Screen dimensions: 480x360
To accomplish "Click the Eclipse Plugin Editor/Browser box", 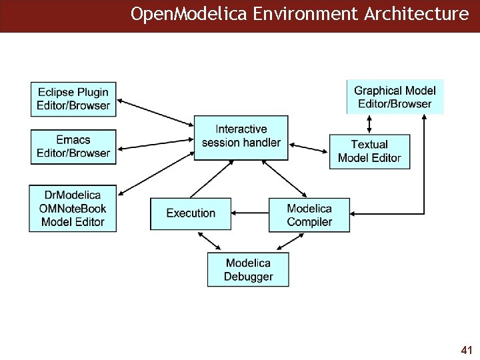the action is click(73, 99).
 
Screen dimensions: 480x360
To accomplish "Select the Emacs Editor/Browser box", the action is click(73, 147).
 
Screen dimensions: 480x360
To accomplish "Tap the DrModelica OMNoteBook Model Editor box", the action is click(73, 208).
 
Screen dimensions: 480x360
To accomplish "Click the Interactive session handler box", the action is click(241, 136).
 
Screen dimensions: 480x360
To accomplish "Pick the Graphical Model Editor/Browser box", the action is click(395, 97).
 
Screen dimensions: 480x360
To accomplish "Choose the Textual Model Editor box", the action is click(369, 151).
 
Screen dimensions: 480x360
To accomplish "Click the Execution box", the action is click(191, 213).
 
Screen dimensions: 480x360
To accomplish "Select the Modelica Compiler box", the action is click(309, 215).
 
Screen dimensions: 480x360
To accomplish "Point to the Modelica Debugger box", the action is click(248, 269).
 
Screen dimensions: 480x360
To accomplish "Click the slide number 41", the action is click(467, 349).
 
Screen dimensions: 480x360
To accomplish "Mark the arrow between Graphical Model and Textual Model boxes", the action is click(369, 124).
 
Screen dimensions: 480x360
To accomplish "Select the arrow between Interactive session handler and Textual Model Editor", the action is click(309, 145).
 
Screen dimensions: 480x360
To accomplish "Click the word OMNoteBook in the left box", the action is click(73, 208).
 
